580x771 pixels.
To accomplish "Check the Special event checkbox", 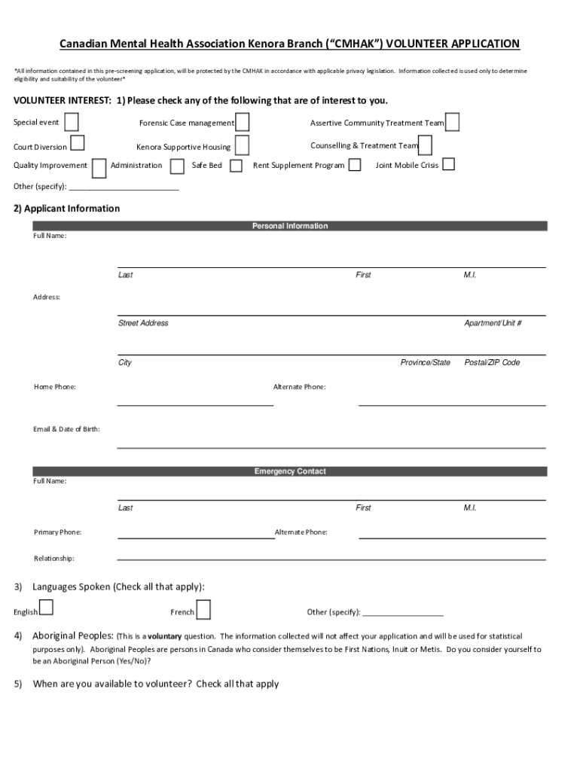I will point(72,122).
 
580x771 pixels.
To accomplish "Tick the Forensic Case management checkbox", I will point(242,122).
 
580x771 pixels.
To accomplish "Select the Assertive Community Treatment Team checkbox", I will point(452,122).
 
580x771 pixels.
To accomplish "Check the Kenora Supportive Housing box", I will point(242,145).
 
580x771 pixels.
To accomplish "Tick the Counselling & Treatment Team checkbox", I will point(425,145).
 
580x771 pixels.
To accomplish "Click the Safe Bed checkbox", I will point(236,166).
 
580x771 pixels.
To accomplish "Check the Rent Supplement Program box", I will point(355,165).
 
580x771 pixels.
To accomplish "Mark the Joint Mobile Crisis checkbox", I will point(448,164).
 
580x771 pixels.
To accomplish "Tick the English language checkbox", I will point(46,607).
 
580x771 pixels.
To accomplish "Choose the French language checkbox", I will point(203,610).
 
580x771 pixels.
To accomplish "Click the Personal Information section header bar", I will point(290,226).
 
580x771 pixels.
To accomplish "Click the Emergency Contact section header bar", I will point(290,471).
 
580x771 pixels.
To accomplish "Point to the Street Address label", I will point(143,323).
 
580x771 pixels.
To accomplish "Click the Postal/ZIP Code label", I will point(492,362).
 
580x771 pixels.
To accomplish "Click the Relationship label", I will point(54,559).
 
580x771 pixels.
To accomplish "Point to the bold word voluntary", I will point(164,636).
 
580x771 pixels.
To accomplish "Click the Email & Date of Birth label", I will point(66,429).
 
